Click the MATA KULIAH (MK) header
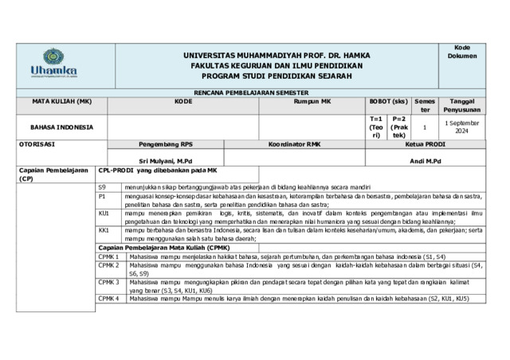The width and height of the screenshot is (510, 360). (x=62, y=102)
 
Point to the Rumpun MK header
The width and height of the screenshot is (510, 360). (x=306, y=102)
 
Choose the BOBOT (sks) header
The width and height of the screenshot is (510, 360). (x=388, y=102)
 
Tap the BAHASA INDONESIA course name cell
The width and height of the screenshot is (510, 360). (x=62, y=127)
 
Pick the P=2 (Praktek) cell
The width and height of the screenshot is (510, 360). (x=399, y=127)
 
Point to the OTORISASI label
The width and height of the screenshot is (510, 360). (x=37, y=145)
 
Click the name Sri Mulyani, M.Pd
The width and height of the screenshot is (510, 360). (x=166, y=161)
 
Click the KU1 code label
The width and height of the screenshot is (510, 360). (x=104, y=213)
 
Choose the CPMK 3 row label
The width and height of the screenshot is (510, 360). (x=108, y=282)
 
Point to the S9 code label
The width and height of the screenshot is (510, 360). (x=102, y=186)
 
